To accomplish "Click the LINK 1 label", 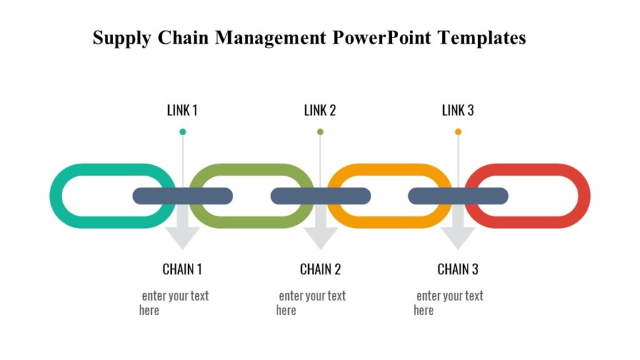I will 182,111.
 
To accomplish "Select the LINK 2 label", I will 320,111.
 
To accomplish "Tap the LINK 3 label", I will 458,111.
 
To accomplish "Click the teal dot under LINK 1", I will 182,132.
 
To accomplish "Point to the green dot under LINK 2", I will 320,132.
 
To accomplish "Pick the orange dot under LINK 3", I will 458,132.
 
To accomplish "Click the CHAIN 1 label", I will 182,269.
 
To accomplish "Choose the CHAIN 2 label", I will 320,269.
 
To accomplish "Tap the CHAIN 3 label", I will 458,269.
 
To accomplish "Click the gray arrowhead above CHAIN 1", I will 182,237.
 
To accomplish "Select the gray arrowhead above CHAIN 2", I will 320,237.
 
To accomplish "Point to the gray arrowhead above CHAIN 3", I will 458,237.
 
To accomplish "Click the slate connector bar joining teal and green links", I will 182,196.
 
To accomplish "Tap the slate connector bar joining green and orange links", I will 320,196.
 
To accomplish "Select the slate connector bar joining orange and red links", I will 458,196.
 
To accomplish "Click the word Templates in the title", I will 482,38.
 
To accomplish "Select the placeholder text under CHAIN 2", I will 311,302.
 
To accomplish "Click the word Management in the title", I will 271,38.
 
